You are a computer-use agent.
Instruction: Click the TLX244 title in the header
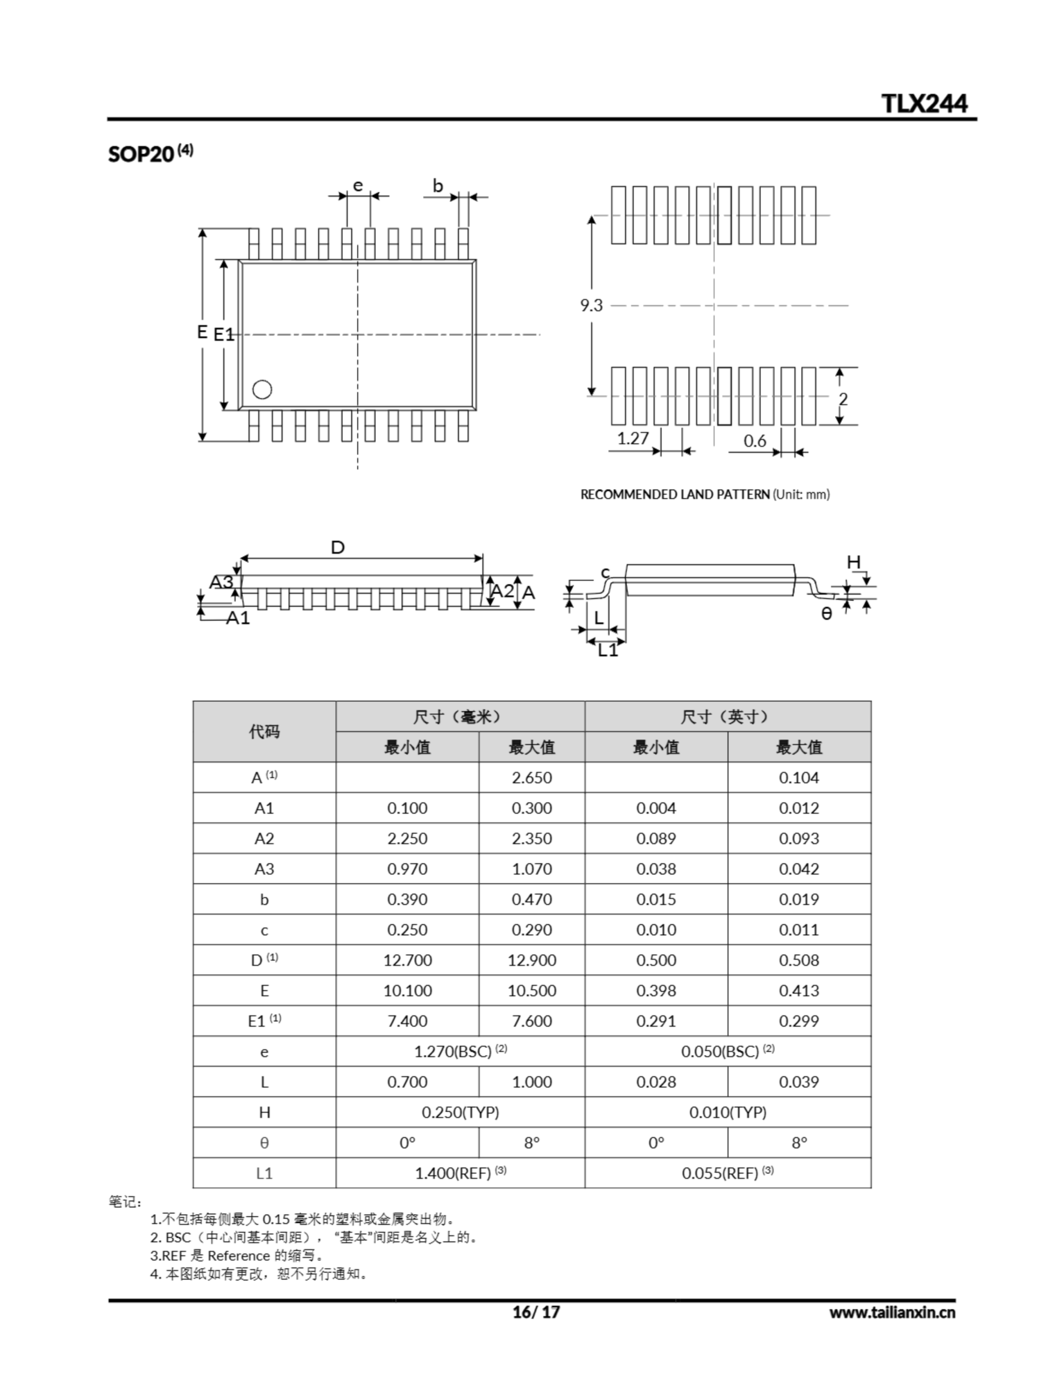(x=924, y=103)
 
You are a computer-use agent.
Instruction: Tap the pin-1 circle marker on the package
(x=263, y=389)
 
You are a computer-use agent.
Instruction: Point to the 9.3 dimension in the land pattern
(x=592, y=306)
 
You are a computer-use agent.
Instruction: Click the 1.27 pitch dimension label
(x=633, y=438)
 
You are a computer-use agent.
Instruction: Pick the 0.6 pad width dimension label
(x=754, y=441)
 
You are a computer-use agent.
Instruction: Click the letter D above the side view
(x=338, y=547)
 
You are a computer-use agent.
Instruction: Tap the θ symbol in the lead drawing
(x=826, y=614)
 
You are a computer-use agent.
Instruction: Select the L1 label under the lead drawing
(x=608, y=650)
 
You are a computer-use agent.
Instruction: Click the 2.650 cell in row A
(x=531, y=777)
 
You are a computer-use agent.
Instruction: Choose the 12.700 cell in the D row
(x=407, y=960)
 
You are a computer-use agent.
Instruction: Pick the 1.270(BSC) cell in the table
(x=460, y=1052)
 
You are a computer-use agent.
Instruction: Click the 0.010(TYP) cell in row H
(x=728, y=1112)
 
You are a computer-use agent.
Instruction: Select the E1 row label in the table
(x=264, y=1021)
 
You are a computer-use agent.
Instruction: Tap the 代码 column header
(x=264, y=732)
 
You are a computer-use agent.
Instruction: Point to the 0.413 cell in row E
(x=798, y=990)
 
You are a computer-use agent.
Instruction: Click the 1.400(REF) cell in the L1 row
(x=460, y=1173)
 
